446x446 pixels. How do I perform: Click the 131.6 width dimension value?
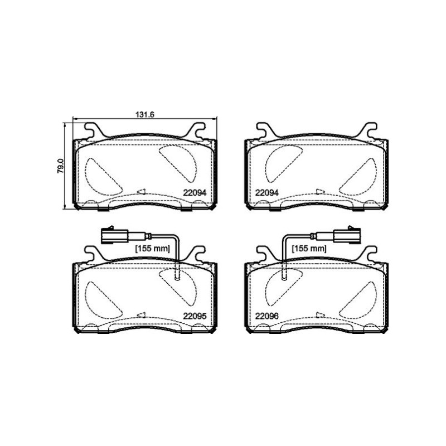145,115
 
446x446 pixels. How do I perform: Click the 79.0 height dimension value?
61,166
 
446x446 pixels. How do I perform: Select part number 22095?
195,316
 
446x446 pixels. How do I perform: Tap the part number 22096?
267,316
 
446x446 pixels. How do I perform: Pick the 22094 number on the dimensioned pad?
195,193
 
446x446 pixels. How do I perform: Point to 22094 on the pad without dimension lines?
267,193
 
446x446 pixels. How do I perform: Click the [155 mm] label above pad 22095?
152,249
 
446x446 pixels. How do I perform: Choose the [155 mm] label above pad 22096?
309,249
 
